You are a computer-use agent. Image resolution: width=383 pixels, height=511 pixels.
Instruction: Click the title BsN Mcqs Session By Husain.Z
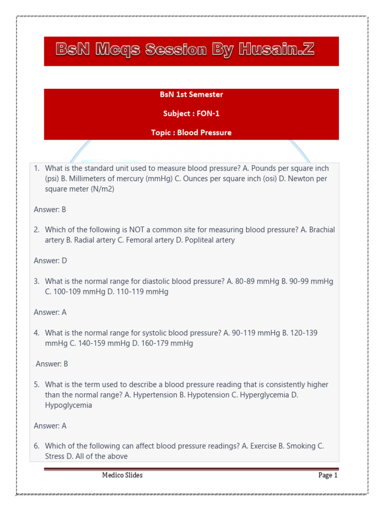185,50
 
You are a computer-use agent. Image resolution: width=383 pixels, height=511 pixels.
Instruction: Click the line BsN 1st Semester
191,94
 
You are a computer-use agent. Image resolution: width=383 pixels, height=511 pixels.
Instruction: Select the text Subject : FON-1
191,113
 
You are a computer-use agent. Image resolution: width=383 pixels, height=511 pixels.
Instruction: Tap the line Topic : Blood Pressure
191,132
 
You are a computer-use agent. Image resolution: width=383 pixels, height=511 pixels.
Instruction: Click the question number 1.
36,169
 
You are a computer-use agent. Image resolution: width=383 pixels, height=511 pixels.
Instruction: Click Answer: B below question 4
52,364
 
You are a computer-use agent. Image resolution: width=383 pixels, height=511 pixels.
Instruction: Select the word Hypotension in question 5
205,395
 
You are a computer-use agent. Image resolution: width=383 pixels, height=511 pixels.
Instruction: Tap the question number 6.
36,446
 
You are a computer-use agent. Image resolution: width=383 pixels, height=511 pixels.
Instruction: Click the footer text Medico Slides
122,475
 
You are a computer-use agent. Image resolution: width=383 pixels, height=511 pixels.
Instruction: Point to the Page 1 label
328,475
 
